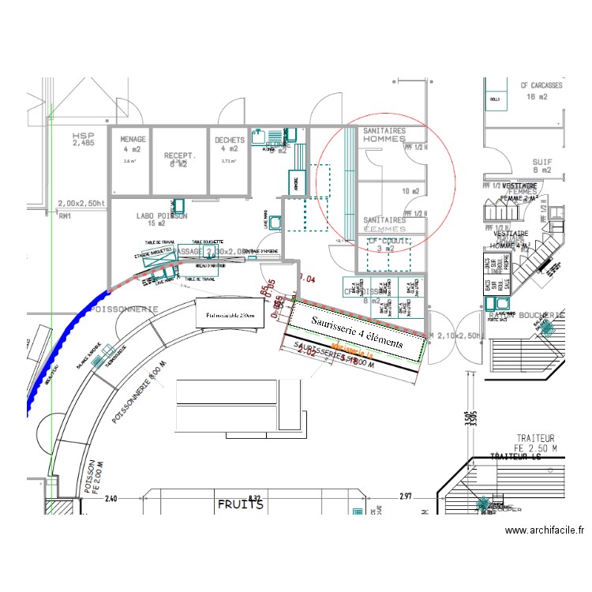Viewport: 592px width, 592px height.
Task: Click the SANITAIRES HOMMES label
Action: click(x=384, y=135)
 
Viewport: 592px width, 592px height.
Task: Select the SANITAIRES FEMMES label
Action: click(x=384, y=224)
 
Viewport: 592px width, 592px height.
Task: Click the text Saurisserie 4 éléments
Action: click(x=357, y=333)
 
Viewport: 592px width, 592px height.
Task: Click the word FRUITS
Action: click(x=241, y=504)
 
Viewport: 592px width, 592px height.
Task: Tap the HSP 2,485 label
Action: click(x=82, y=140)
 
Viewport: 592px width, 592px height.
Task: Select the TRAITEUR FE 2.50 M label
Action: click(x=535, y=442)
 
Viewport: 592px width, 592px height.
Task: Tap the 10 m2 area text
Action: click(x=410, y=191)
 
